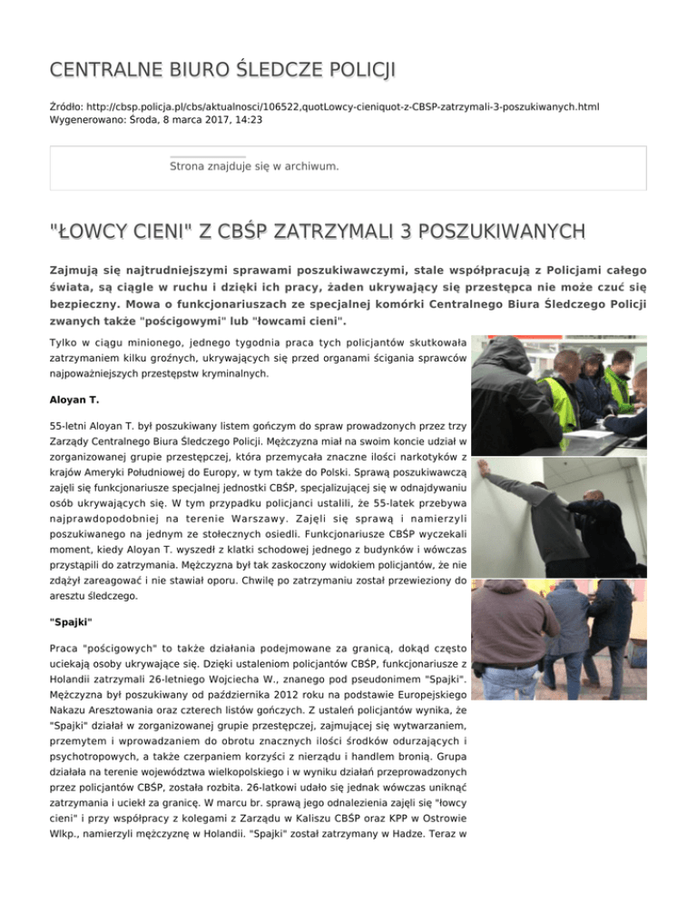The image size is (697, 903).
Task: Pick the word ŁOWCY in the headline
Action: click(101, 233)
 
